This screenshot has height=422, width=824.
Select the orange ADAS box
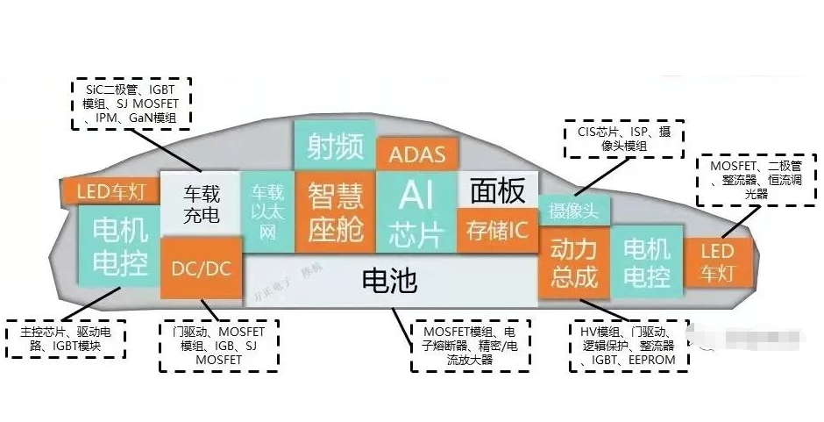pos(416,154)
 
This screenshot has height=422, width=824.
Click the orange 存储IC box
pos(496,230)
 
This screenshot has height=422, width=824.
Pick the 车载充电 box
pos(201,203)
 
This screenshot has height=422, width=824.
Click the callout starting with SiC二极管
pos(132,102)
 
